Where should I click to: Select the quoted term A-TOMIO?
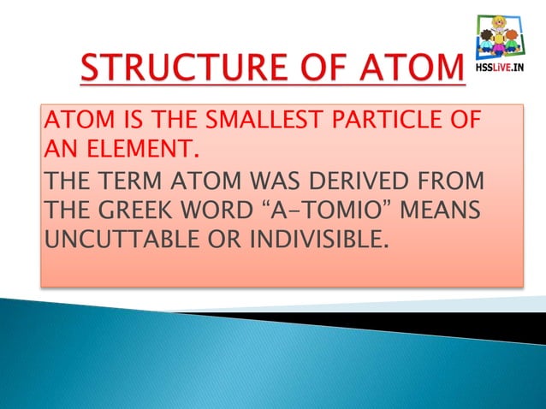pyautogui.click(x=318, y=210)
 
